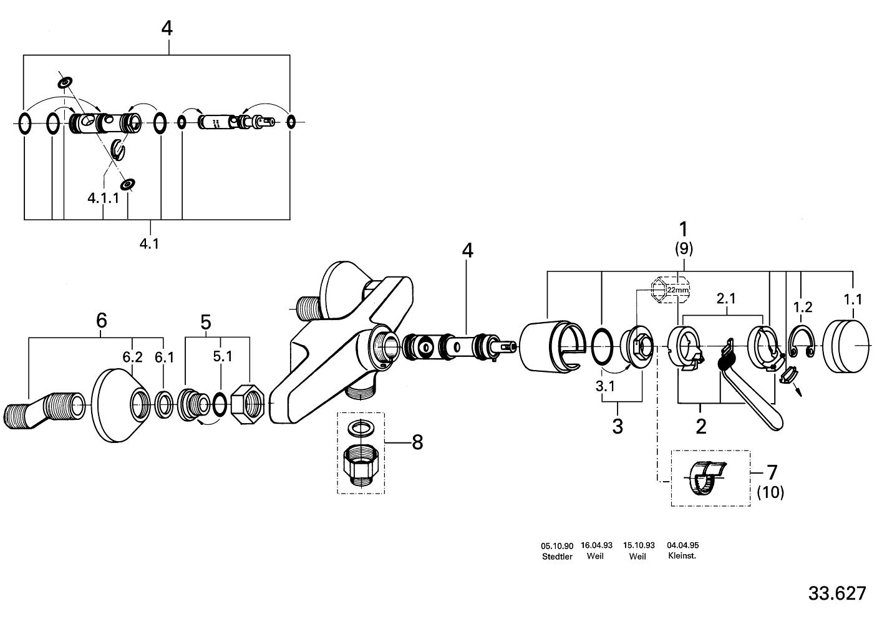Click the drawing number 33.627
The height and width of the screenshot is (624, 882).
click(x=837, y=593)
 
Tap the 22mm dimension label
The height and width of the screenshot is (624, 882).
click(x=678, y=290)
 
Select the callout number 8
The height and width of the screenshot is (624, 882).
click(x=417, y=442)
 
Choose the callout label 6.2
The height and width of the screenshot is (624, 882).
click(x=132, y=357)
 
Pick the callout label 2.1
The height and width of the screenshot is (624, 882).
click(x=727, y=298)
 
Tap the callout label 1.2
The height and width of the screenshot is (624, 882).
click(x=803, y=306)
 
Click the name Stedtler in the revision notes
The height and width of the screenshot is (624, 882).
click(x=557, y=557)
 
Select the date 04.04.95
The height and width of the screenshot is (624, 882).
click(x=683, y=545)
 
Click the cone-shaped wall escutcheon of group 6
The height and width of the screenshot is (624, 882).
click(x=122, y=405)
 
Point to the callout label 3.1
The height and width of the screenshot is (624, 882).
click(x=605, y=386)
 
